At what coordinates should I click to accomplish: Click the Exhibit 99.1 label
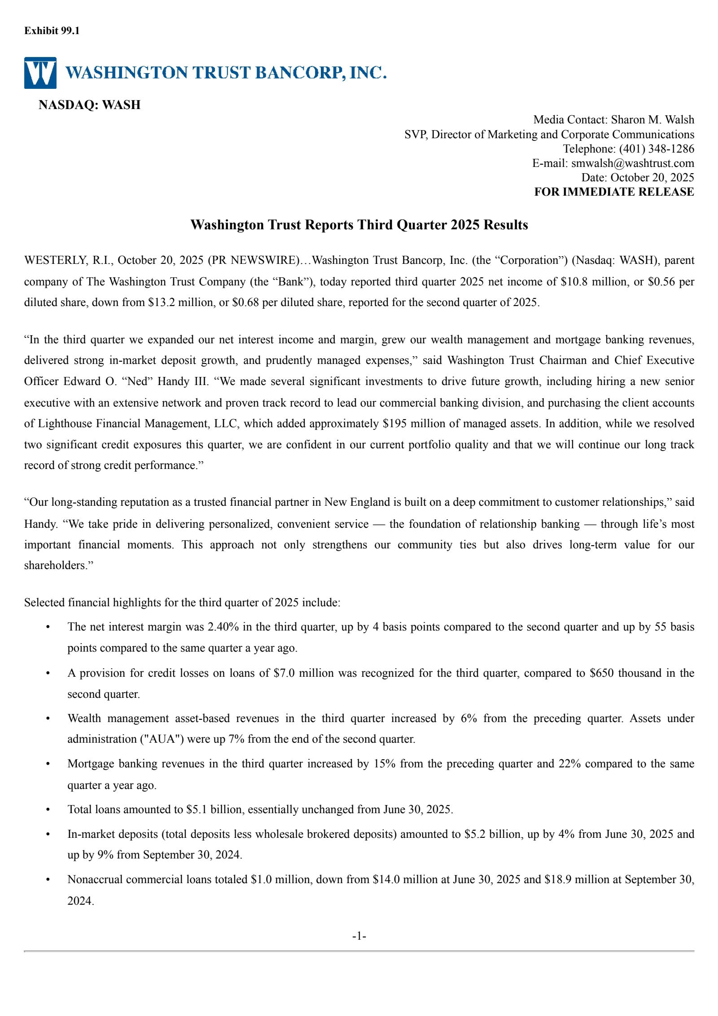52,31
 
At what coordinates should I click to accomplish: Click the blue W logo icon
40,73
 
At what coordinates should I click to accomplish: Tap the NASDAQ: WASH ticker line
89,105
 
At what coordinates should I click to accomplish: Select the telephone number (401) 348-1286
657,149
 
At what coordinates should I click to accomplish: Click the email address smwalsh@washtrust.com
632,163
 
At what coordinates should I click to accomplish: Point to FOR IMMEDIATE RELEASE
613,192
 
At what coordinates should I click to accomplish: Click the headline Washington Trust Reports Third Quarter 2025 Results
359,224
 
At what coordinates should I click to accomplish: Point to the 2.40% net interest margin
223,626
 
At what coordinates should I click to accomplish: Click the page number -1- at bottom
359,936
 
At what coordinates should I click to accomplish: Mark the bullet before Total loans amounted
48,810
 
